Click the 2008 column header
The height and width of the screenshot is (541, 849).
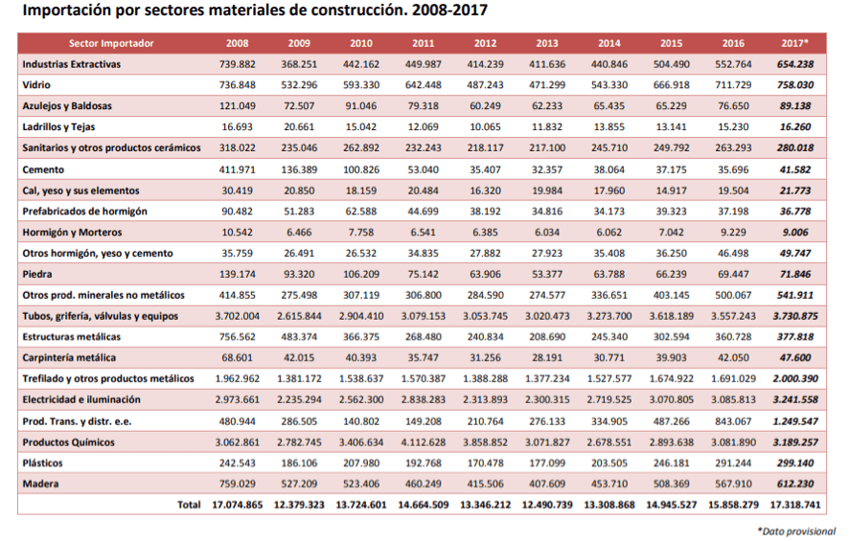pyautogui.click(x=237, y=43)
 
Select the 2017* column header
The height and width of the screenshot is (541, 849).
pyautogui.click(x=794, y=43)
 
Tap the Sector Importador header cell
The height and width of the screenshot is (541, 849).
pyautogui.click(x=111, y=43)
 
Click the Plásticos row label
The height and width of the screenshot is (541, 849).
pyautogui.click(x=43, y=462)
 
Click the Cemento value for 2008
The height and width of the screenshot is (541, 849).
pyautogui.click(x=237, y=169)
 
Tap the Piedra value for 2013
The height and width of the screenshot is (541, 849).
pyautogui.click(x=547, y=274)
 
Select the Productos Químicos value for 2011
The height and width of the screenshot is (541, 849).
pyautogui.click(x=423, y=441)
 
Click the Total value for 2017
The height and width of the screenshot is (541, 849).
pyautogui.click(x=794, y=505)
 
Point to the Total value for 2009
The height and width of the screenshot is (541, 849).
pyautogui.click(x=299, y=505)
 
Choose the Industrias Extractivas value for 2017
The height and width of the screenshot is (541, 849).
pyautogui.click(x=794, y=64)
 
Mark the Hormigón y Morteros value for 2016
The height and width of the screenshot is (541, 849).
pyautogui.click(x=733, y=232)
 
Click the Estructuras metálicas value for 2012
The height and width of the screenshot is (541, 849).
pyautogui.click(x=485, y=337)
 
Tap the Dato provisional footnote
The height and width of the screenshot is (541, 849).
pyautogui.click(x=795, y=530)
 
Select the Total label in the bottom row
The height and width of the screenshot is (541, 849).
pyautogui.click(x=189, y=505)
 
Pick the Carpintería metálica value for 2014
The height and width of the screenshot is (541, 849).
pyautogui.click(x=608, y=358)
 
